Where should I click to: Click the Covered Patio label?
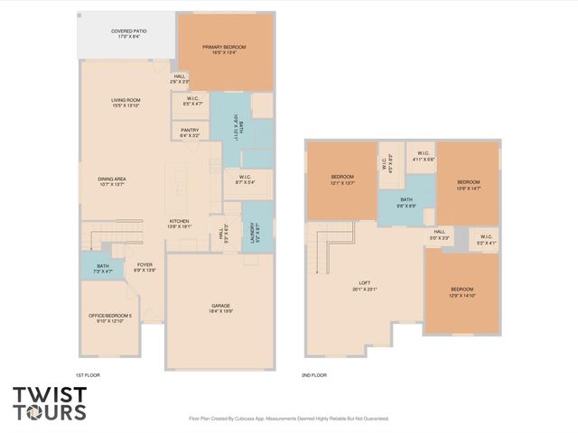pos(129,33)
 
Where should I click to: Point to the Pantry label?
pos(190,133)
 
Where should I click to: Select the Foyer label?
pos(144,267)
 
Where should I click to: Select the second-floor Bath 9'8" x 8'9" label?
pos(406,203)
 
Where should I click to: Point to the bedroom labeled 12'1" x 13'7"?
pos(341,179)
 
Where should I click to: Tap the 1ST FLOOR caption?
pos(88,373)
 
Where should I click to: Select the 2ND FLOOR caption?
pos(314,373)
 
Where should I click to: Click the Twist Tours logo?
pos(50,402)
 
